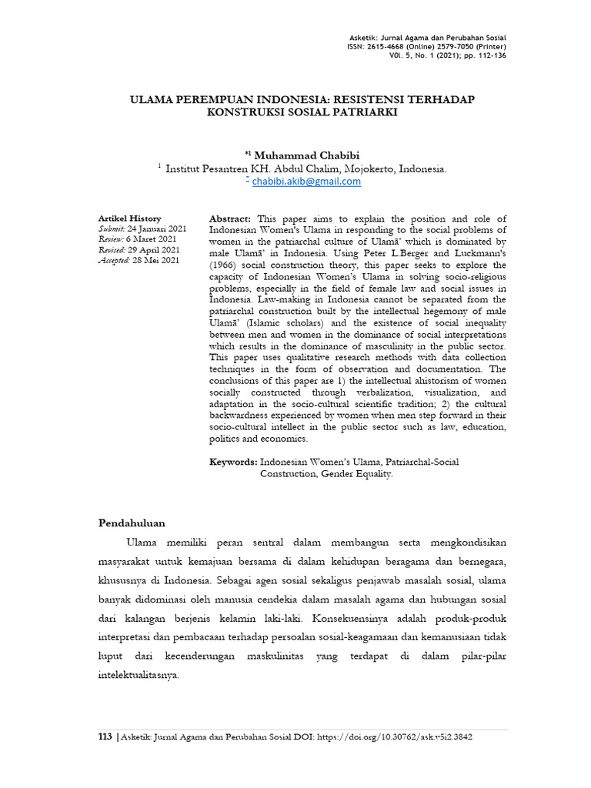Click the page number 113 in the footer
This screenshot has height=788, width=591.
tap(105, 736)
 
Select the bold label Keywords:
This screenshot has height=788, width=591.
tap(233, 462)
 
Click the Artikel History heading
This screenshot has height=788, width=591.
tap(130, 219)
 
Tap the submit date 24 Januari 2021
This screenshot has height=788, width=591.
tap(157, 229)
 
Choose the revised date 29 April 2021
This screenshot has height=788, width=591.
tap(155, 250)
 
